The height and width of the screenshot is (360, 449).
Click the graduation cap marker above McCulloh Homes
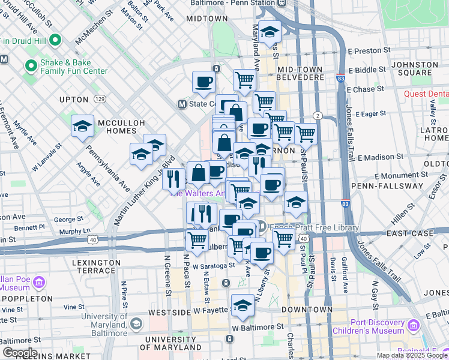(82, 126)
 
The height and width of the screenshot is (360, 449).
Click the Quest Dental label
(423, 94)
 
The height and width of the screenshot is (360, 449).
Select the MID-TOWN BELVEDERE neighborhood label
(300, 75)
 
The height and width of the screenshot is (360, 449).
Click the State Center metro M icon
(182, 104)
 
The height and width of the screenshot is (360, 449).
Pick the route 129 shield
(100, 98)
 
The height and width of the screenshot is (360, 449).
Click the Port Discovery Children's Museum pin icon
(412, 326)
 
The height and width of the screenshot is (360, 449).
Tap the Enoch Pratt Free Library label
(313, 227)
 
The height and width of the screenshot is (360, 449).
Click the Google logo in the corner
(19, 353)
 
